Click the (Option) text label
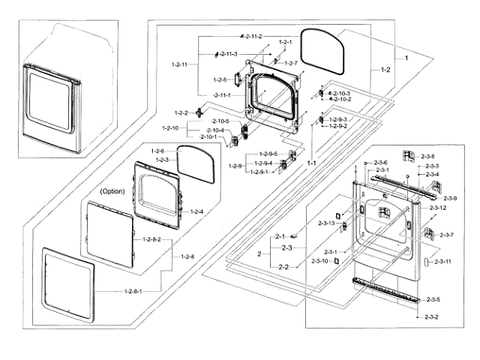[x=112, y=191]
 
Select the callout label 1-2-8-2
[x=151, y=239]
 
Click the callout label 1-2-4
[x=196, y=211]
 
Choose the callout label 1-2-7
[x=289, y=63]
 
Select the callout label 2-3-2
[x=430, y=318]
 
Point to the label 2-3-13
[x=439, y=207]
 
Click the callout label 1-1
[x=312, y=163]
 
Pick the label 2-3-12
[x=439, y=207]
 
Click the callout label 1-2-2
[x=181, y=112]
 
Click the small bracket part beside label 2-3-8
[x=409, y=154]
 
